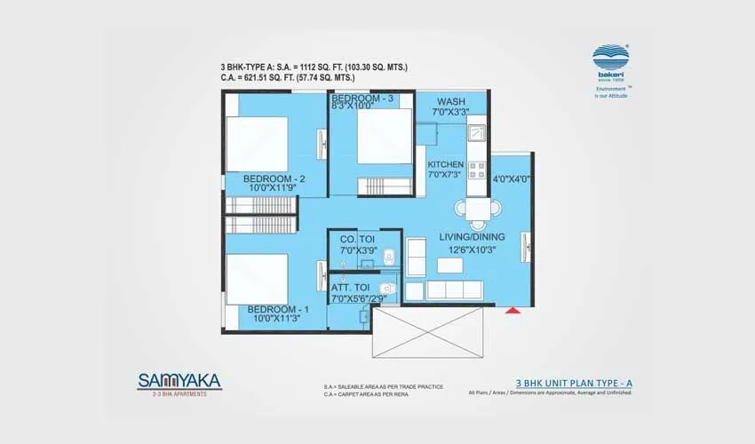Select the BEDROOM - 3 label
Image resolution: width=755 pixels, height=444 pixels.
point(362,98)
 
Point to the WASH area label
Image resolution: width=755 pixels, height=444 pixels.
point(451,101)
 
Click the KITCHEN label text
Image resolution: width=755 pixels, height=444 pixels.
point(445,165)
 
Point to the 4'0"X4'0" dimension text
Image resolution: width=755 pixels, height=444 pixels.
point(511,178)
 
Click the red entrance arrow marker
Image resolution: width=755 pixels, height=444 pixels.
point(512,310)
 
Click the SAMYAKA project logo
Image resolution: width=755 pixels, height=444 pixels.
point(179,381)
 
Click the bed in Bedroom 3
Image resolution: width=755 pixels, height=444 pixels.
point(383,137)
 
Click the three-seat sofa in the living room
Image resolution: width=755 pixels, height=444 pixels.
point(454,290)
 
